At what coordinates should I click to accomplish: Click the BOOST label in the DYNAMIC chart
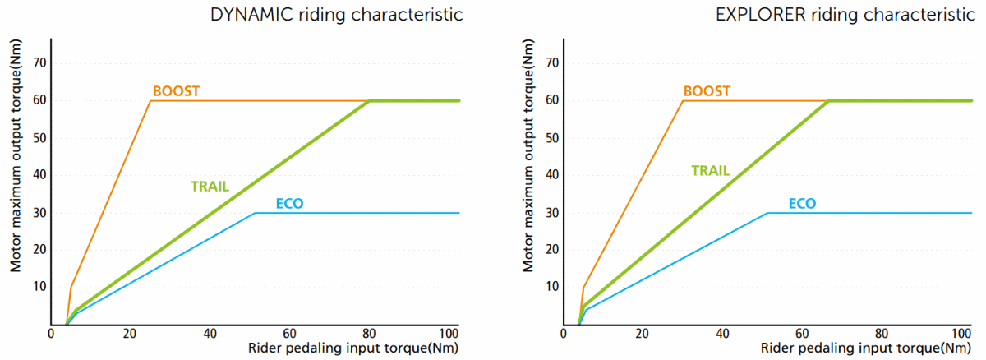tap(176, 91)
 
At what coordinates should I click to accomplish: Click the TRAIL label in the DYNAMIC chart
tap(210, 187)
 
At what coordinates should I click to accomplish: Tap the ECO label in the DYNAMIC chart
tap(289, 204)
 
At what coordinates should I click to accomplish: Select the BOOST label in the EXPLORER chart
tap(707, 91)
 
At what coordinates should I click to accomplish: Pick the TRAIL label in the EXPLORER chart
tap(710, 171)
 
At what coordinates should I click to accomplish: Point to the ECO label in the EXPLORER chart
tap(802, 204)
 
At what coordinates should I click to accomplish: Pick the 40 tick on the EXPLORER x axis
tap(722, 334)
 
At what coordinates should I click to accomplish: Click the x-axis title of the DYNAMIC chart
tap(352, 348)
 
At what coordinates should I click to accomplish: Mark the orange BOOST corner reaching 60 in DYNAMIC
tap(150, 100)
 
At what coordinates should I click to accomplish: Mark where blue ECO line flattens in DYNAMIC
tap(255, 213)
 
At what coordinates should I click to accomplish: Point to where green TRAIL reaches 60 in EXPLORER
tap(830, 100)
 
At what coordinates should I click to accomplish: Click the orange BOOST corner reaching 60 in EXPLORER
tap(683, 100)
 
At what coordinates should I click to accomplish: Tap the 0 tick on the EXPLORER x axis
tap(564, 334)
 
